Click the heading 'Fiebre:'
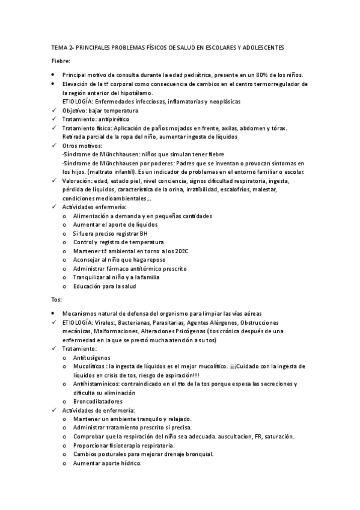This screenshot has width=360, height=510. click(x=60, y=61)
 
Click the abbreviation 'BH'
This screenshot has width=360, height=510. click(x=143, y=233)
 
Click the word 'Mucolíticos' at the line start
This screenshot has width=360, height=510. click(x=90, y=366)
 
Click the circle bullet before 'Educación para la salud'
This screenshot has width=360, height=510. click(x=65, y=286)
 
